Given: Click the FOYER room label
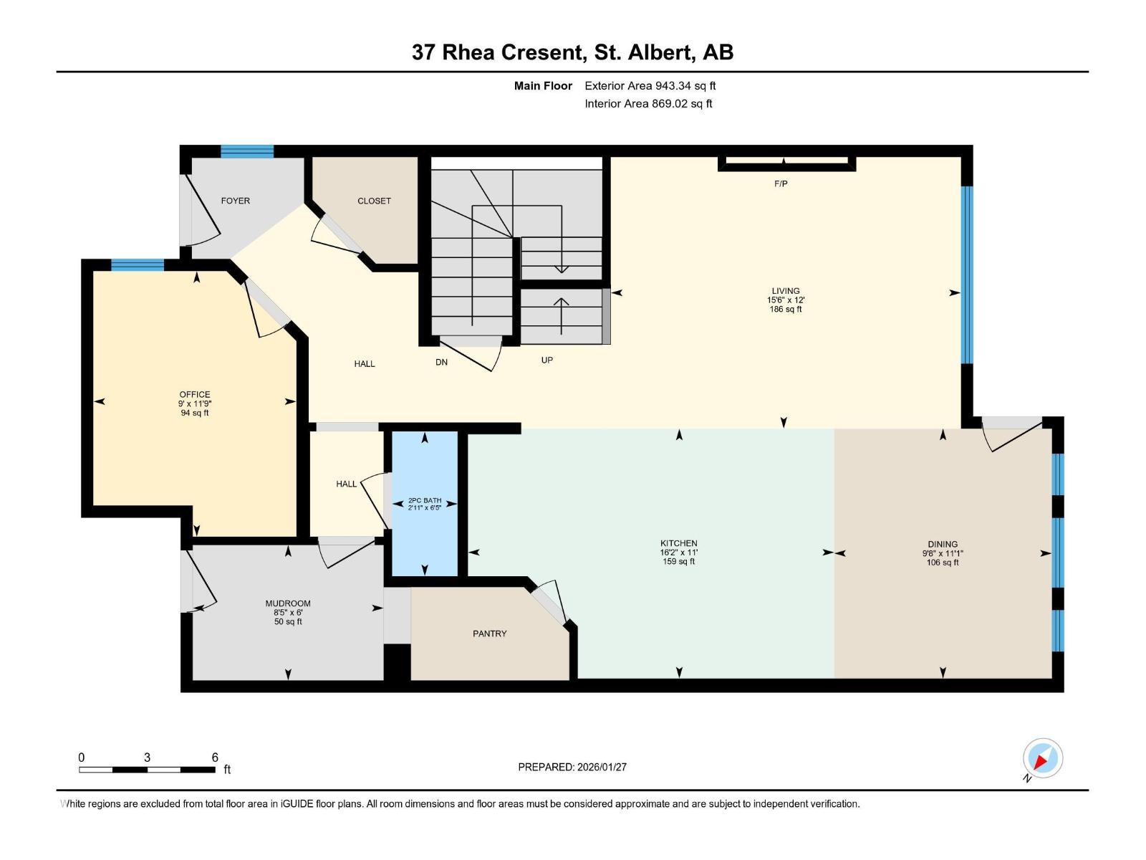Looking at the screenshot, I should (235, 201).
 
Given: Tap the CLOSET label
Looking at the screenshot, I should (374, 201).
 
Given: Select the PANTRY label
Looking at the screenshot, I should (489, 634).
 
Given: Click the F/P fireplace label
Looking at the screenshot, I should (781, 183).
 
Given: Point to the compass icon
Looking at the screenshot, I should (1042, 758).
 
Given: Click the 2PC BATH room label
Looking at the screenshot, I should (425, 500).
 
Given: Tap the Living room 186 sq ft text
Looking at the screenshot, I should (786, 310).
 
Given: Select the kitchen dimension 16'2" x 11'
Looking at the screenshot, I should (678, 553).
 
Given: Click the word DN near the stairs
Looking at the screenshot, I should (441, 362).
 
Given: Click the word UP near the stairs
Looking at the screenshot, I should (546, 360).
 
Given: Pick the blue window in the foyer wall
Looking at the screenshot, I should (247, 151).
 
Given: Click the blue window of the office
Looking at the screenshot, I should (138, 265).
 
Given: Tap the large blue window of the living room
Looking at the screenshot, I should (967, 274).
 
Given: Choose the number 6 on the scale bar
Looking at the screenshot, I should (215, 758).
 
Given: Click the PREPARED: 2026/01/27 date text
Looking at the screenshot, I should (572, 767).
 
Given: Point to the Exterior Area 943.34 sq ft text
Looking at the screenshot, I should (650, 86).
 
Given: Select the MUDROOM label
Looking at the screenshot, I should (288, 603).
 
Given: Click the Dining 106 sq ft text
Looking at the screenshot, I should (943, 563).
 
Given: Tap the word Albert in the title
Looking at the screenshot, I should (660, 52).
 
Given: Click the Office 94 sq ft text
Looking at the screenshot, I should (195, 413).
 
